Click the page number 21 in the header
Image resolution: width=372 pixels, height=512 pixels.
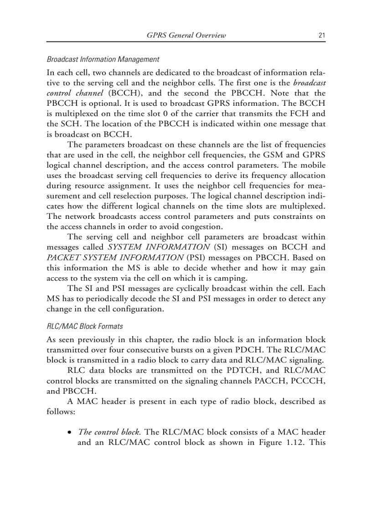tap(322, 36)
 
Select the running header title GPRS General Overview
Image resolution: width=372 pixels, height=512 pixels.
tap(186, 36)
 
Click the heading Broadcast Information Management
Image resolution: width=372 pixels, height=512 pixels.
tap(103, 59)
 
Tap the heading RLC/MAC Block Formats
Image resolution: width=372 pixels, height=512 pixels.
tap(85, 326)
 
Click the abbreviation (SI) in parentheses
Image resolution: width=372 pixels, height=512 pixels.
tap(221, 247)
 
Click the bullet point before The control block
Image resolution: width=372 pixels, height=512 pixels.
tap(69, 432)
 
